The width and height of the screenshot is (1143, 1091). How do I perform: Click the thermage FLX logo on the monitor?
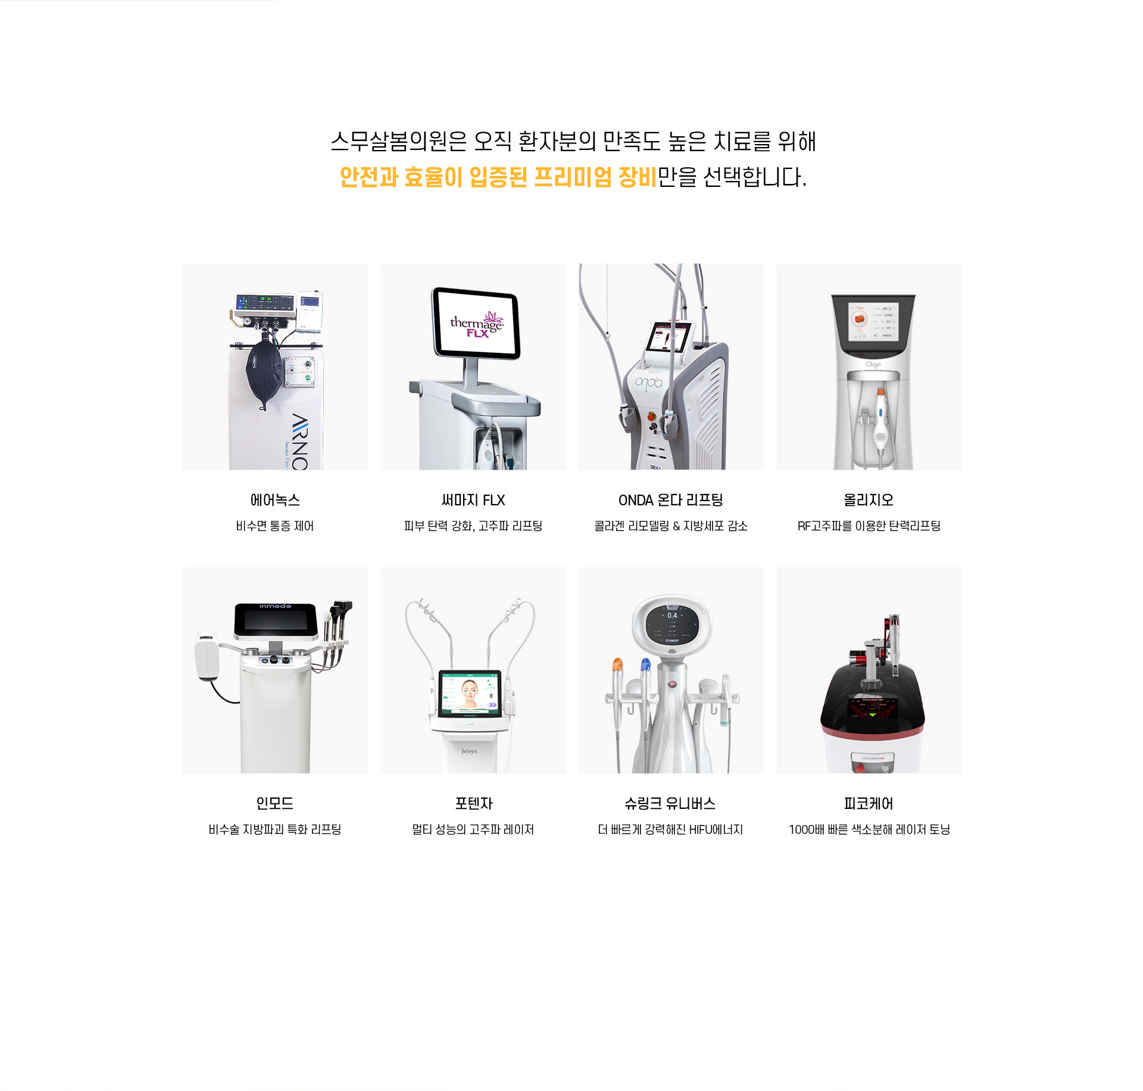(x=477, y=324)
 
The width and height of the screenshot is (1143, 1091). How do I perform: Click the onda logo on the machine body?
(x=648, y=383)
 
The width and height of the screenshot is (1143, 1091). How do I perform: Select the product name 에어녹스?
(x=275, y=500)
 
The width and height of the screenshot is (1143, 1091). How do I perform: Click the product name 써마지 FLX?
(x=473, y=500)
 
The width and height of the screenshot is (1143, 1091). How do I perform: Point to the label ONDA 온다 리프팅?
(x=671, y=500)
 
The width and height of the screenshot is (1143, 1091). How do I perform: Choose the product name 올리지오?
(x=869, y=500)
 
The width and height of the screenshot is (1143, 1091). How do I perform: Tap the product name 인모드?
(x=275, y=804)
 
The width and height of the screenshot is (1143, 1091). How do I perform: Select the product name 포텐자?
(x=473, y=804)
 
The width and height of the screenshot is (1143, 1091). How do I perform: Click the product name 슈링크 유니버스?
(x=670, y=804)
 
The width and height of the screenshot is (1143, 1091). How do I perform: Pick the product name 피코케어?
(x=869, y=804)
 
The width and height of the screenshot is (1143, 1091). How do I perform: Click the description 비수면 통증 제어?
(x=275, y=526)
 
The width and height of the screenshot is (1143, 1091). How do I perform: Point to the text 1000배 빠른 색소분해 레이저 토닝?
(x=869, y=829)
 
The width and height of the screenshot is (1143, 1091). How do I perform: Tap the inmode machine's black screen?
(x=275, y=620)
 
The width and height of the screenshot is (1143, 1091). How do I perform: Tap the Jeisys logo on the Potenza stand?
(x=469, y=751)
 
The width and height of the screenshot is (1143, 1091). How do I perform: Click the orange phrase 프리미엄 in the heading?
(x=573, y=177)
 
